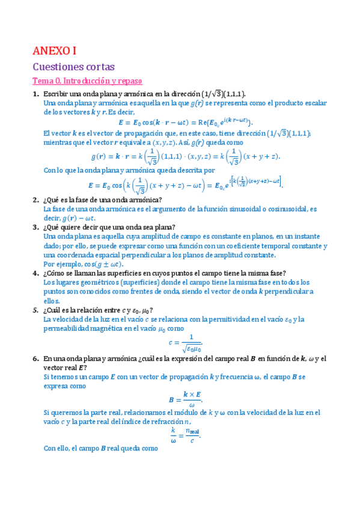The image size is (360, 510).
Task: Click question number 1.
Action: point(35,94)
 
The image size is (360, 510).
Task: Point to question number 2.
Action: point(35,200)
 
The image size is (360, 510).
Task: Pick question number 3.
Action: point(35,227)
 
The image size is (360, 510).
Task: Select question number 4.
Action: point(35,273)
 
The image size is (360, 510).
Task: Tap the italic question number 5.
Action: point(35,310)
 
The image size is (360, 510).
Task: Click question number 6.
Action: point(35,358)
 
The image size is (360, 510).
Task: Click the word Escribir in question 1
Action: point(57,94)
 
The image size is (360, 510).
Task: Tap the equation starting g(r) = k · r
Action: point(185,156)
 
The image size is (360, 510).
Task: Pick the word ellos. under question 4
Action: point(52,301)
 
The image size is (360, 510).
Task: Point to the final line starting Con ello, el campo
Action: point(100,448)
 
